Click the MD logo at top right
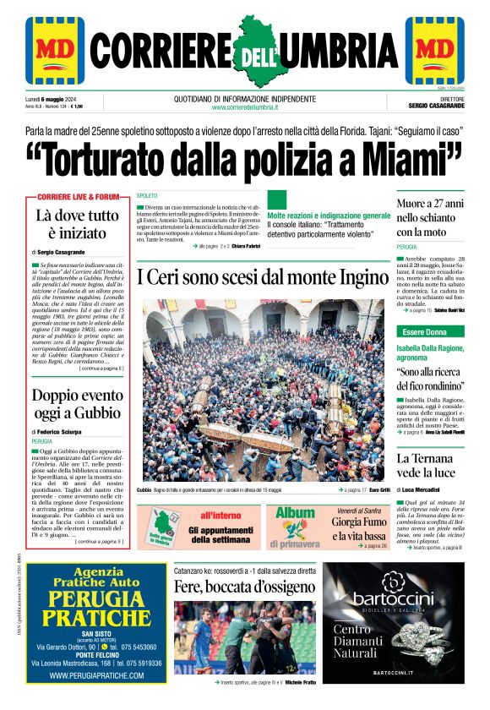pyautogui.click(x=434, y=49)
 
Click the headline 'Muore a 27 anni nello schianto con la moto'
pyautogui.click(x=430, y=218)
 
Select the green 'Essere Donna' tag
pyautogui.click(x=425, y=332)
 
